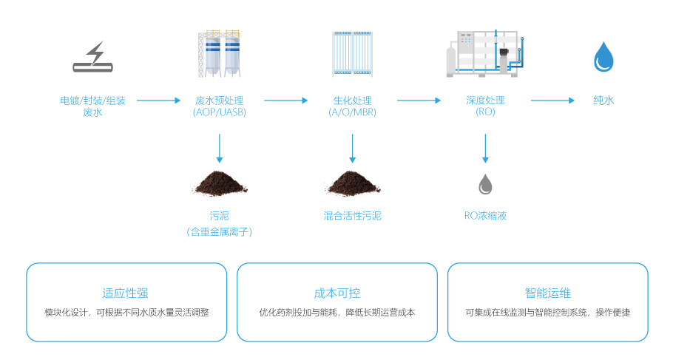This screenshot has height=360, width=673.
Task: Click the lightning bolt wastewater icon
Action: pos(93,58)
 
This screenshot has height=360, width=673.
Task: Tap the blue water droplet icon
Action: pos(604,57)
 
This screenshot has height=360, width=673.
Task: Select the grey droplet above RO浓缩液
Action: pos(485,184)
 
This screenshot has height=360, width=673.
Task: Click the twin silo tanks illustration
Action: pos(219,54)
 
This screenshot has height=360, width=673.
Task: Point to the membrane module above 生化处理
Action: pos(352,54)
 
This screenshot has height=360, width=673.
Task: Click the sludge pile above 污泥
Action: pos(219,183)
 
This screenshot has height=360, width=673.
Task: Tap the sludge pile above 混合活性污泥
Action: pos(352,183)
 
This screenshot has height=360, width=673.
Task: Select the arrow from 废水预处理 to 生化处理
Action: pos(285,101)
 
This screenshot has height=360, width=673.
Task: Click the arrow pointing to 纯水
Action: pos(552,101)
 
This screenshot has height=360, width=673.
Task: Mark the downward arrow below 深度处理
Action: pos(485,147)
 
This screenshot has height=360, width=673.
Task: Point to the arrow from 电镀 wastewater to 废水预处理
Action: pos(158,101)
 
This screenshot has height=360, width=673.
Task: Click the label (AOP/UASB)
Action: pos(219,112)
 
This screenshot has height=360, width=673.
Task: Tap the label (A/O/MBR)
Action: pos(352,112)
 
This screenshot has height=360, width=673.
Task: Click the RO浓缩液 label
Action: pos(485,216)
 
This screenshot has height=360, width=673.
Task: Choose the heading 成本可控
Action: pos(337,293)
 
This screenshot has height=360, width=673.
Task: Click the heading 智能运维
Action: pos(547,293)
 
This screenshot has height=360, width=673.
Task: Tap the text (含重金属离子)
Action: pos(219,232)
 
